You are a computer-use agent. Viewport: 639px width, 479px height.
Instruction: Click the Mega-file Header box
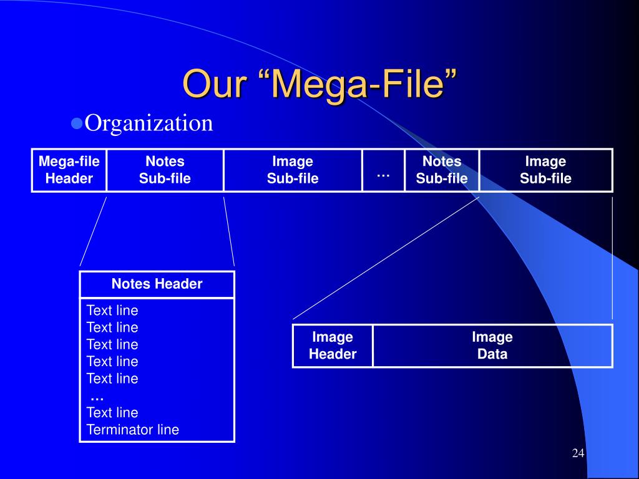[69, 170]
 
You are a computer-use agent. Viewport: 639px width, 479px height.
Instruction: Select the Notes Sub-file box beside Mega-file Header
[165, 170]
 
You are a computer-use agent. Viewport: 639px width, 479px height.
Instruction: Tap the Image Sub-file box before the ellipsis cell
[293, 170]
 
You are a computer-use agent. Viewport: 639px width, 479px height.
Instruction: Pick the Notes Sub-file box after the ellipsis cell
[442, 170]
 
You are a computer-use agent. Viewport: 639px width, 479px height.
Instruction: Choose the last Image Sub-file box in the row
[546, 170]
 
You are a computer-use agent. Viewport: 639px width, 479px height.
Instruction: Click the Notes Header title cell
[157, 284]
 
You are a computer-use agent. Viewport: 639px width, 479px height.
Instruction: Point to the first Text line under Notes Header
[112, 311]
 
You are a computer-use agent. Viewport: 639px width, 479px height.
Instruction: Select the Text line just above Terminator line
[112, 412]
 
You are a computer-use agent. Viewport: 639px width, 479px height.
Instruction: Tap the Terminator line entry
[133, 430]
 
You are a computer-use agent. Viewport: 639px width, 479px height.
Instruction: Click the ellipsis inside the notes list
[97, 396]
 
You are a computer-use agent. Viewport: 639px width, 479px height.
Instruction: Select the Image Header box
[333, 346]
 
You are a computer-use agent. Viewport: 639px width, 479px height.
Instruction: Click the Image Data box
[492, 346]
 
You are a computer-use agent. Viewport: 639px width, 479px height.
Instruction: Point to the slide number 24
[578, 453]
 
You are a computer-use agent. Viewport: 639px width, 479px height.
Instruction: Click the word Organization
[149, 123]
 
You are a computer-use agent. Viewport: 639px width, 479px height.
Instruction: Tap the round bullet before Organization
[77, 123]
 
